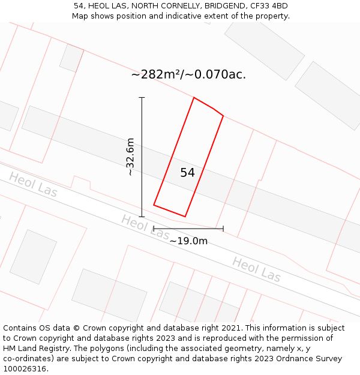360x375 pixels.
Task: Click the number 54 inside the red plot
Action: [x=187, y=173]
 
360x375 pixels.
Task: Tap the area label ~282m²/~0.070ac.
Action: [x=188, y=75]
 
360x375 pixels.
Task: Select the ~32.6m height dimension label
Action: [x=130, y=157]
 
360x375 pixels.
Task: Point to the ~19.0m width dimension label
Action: [x=188, y=241]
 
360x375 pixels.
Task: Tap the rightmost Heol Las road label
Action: [x=256, y=269]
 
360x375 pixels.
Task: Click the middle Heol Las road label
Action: [x=145, y=226]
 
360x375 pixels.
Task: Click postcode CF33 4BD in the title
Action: [x=268, y=6]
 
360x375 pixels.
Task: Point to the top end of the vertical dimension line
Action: [x=142, y=97]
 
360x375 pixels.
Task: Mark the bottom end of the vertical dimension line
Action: [x=142, y=217]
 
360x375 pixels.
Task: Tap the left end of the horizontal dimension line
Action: [x=154, y=229]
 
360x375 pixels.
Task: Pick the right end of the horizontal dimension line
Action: [x=223, y=229]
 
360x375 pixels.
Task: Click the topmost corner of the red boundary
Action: [x=194, y=97]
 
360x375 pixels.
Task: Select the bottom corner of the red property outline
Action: [x=185, y=217]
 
